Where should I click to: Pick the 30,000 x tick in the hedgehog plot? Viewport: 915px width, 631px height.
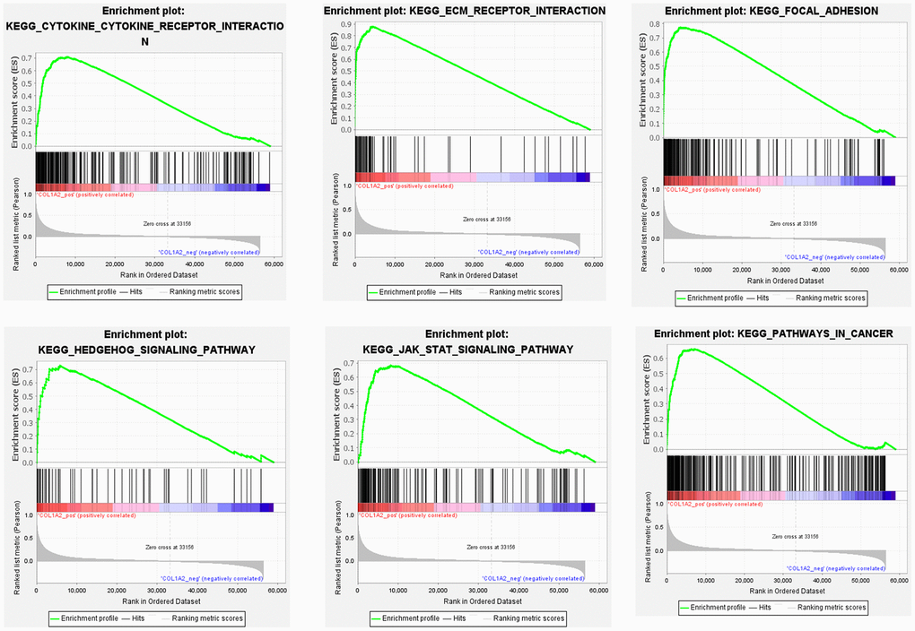point(155,591)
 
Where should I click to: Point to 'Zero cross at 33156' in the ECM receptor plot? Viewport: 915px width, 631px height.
point(487,219)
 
